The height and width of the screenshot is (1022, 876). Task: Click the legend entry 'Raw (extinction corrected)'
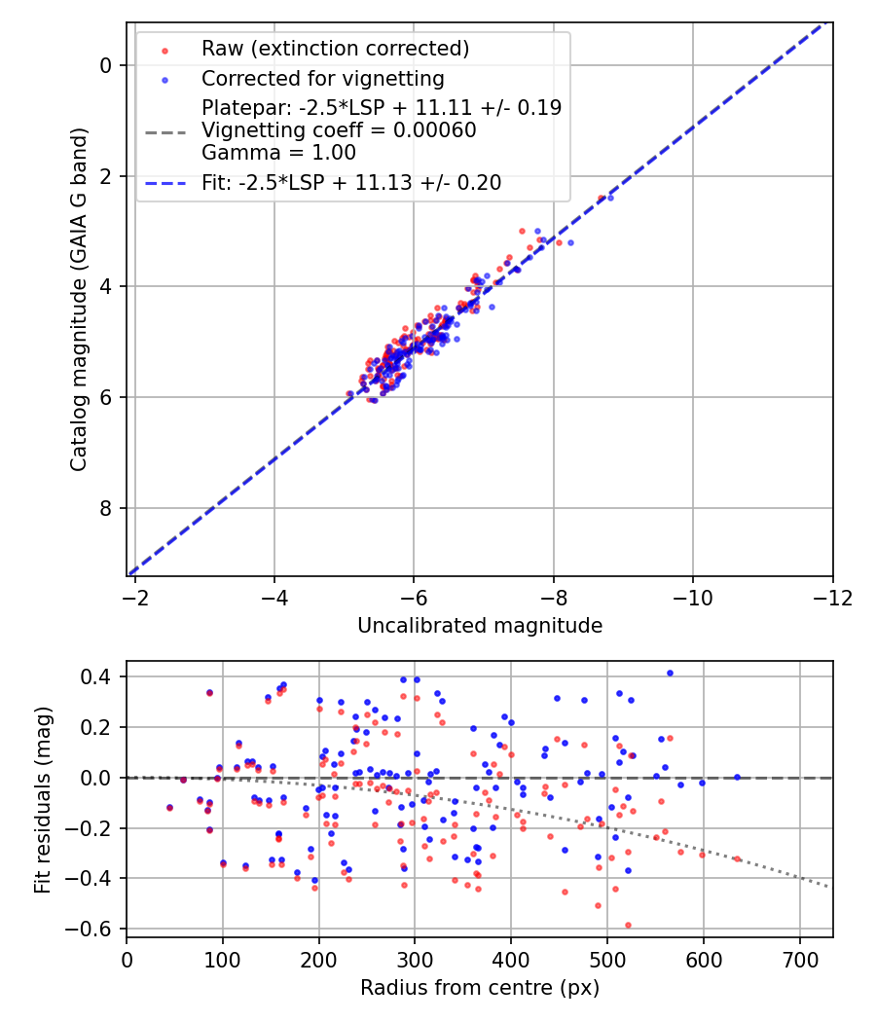point(335,49)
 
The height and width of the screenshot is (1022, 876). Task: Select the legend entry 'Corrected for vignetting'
point(322,78)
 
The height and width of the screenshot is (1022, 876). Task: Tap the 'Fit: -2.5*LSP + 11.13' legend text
point(351,183)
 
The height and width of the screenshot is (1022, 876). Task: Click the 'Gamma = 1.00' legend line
point(278,153)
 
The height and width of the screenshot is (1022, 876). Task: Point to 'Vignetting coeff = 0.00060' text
point(339,130)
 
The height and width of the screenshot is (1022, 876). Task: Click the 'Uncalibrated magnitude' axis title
point(480,626)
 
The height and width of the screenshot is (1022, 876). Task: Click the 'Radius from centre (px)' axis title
point(480,988)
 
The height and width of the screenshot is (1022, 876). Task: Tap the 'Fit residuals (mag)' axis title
point(42,799)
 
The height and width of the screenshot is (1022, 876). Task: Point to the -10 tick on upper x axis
point(693,597)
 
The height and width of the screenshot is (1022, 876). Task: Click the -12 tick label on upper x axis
point(832,597)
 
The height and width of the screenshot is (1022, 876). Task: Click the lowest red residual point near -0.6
point(628,925)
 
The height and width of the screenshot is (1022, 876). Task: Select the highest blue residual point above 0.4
point(670,673)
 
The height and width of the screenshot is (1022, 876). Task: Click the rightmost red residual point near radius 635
point(737,859)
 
